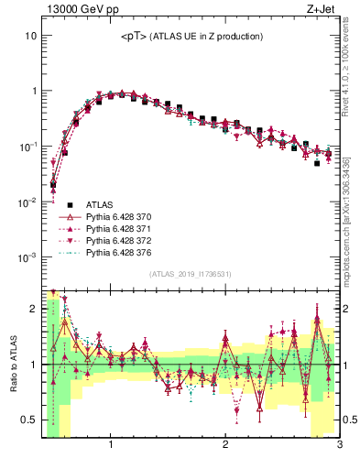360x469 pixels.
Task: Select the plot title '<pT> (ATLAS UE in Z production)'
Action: tap(191, 37)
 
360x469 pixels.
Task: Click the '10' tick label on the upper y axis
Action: tap(30, 36)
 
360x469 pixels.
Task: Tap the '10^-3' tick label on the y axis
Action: tap(27, 257)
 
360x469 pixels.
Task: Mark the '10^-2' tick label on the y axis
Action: tap(27, 202)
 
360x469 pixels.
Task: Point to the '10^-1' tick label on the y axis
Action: tap(27, 147)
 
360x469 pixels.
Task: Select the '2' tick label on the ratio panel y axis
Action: tap(34, 309)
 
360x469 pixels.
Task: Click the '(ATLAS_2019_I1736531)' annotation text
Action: tap(190, 274)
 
